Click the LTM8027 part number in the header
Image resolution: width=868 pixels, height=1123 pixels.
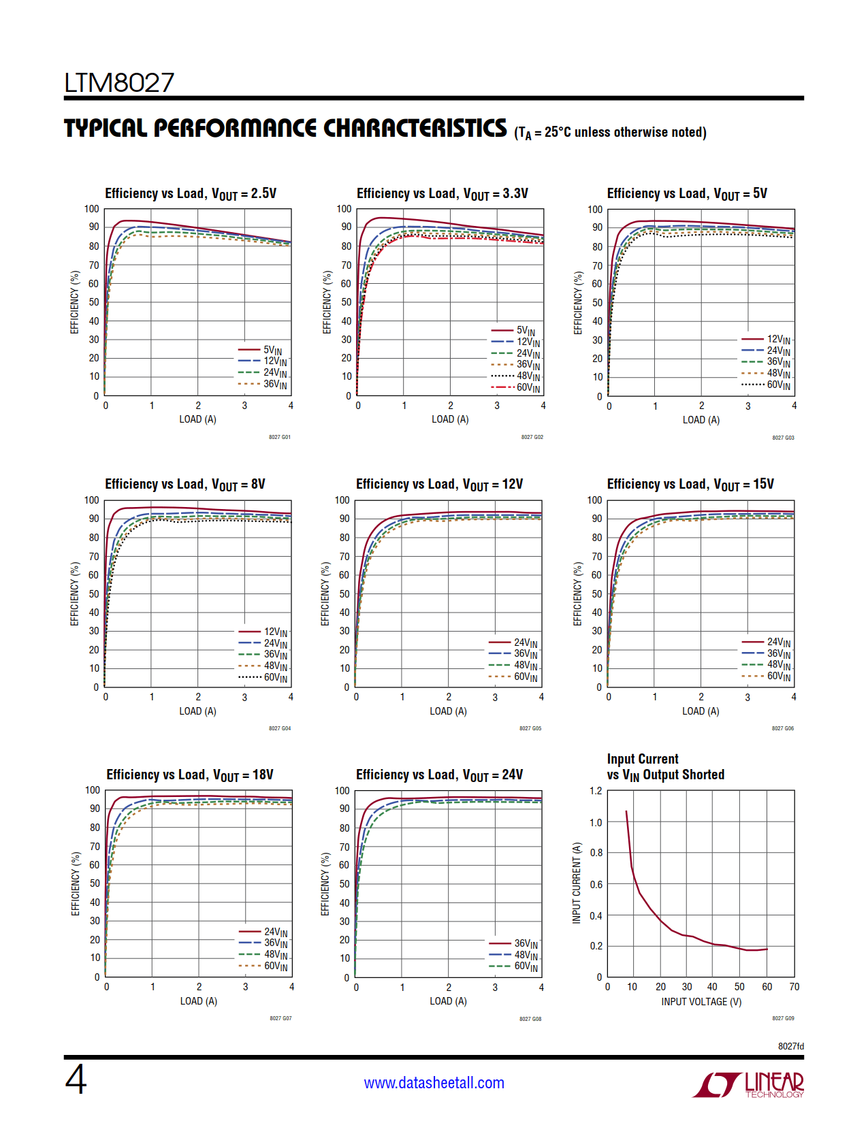119,83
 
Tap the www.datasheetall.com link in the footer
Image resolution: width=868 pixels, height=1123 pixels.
434,1083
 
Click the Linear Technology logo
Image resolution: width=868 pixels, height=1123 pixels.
748,1084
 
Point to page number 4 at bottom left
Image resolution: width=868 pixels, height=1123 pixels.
76,1079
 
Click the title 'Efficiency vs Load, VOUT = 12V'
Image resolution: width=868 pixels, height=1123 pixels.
439,485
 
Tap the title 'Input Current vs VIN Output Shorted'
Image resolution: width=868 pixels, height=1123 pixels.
665,767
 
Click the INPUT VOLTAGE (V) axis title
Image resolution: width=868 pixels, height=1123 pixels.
701,1002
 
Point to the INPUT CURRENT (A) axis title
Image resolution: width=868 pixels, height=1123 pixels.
577,883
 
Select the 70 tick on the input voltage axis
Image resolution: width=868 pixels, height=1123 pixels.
794,987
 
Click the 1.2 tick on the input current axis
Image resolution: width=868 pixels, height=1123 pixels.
596,791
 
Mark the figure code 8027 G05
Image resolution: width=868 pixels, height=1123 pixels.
530,728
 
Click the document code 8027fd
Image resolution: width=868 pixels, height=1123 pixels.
790,1046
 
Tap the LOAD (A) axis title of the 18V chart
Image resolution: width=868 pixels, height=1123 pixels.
199,1001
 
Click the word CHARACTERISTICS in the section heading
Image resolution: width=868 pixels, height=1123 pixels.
415,129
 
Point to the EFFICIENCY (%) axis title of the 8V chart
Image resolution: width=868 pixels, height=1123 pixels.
75,593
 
